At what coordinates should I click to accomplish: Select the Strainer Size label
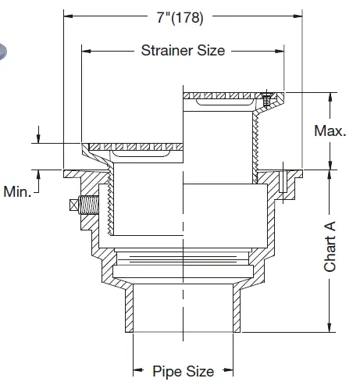pyautogui.click(x=183, y=51)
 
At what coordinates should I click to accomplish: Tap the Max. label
pyautogui.click(x=330, y=130)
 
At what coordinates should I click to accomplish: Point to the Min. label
pyautogui.click(x=17, y=191)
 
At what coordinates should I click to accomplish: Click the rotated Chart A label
pyautogui.click(x=330, y=247)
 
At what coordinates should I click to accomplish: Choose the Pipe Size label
pyautogui.click(x=183, y=370)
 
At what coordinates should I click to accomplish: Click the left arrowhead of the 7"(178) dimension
pyautogui.click(x=68, y=15)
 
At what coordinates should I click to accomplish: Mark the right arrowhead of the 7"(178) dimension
pyautogui.click(x=298, y=15)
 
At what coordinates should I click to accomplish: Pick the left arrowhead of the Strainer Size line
pyautogui.click(x=87, y=51)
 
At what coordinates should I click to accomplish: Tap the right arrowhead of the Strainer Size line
pyautogui.click(x=280, y=51)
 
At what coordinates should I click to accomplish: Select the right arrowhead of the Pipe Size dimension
pyautogui.click(x=230, y=370)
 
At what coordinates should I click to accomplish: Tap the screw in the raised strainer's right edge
pyautogui.click(x=267, y=99)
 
